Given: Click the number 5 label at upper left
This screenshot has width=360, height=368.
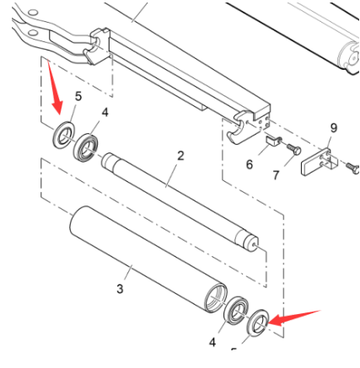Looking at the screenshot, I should (78, 96).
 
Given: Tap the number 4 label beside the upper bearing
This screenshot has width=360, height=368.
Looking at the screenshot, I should (105, 112).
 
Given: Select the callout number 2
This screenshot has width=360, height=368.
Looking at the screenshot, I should (180, 156).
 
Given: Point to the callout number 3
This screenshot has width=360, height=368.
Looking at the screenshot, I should (120, 290).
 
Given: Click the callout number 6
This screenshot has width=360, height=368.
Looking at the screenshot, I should (250, 164).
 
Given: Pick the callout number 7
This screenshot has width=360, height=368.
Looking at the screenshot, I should (275, 175).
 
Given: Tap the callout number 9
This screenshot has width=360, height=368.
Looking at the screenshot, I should (334, 128).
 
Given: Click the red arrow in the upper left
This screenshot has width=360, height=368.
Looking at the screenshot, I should (55, 91).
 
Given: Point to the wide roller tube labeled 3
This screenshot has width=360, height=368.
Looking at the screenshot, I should (143, 257).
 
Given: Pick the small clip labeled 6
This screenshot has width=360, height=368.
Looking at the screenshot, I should (273, 143).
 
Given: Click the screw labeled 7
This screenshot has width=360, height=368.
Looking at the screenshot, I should (291, 149).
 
